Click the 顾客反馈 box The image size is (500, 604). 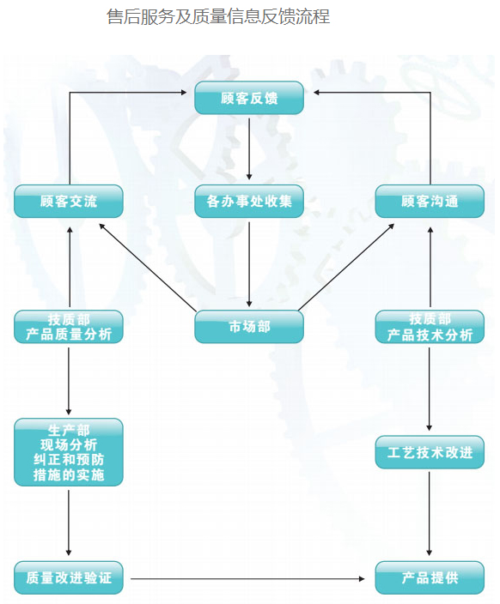[x=249, y=98]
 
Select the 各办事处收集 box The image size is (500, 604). [x=249, y=201]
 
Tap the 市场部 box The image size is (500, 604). [x=249, y=327]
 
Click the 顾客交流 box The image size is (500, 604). [x=69, y=201]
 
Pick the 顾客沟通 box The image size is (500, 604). [x=430, y=201]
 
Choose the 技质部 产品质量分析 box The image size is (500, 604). [x=69, y=327]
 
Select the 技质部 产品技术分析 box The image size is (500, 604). [x=430, y=327]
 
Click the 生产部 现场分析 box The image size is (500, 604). [x=69, y=452]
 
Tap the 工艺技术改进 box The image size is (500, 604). [x=430, y=452]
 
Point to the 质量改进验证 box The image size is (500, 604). [x=69, y=577]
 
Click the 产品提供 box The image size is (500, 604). [x=430, y=577]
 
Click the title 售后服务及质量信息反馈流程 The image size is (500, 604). [x=218, y=16]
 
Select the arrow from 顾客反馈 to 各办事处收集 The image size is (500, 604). [x=249, y=149]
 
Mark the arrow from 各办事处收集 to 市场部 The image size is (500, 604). [x=249, y=264]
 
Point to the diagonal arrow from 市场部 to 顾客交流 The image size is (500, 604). [x=148, y=267]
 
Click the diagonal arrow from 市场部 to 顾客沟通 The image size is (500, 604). [x=346, y=267]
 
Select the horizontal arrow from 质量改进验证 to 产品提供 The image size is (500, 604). [x=247, y=578]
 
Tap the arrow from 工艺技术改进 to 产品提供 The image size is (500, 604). [x=429, y=514]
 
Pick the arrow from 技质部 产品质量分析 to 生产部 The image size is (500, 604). [x=69, y=381]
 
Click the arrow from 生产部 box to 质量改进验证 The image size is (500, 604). [x=69, y=522]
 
